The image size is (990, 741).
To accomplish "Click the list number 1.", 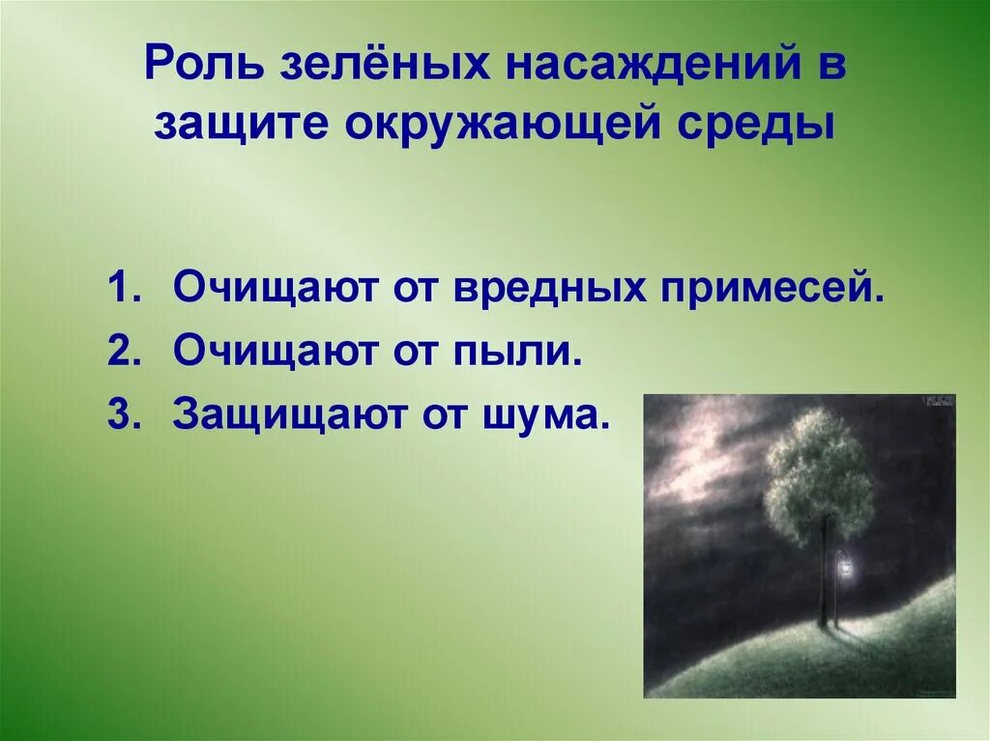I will pos(121,290).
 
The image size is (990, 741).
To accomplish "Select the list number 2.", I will pos(121,353).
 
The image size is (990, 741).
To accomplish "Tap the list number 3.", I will pos(121,415).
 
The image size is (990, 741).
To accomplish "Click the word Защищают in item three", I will pos(284,415).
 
